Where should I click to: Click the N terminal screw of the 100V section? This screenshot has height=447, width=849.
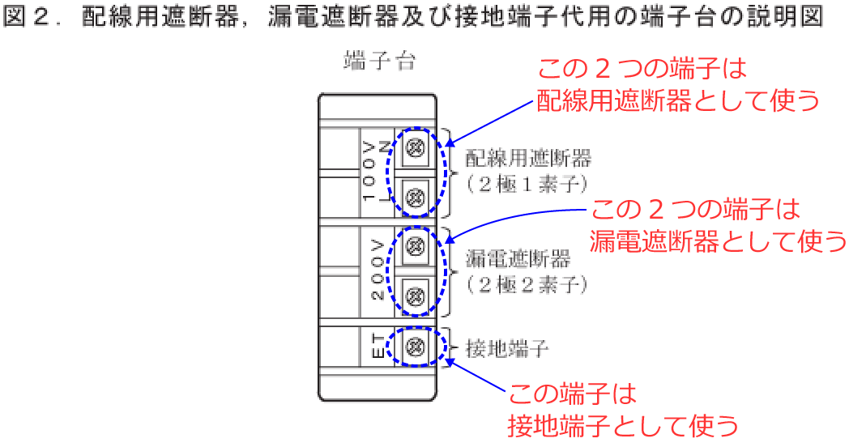coord(416,147)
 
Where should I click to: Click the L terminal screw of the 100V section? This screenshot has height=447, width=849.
coord(416,197)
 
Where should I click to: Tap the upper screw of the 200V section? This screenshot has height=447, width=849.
coord(416,247)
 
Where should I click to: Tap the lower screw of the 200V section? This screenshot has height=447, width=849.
coord(416,296)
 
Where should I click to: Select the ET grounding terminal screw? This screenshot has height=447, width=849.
coord(416,347)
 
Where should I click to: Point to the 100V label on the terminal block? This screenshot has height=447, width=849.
coord(369,172)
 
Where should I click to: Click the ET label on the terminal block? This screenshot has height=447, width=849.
coord(379,347)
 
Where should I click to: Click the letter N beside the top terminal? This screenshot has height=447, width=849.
coord(383,147)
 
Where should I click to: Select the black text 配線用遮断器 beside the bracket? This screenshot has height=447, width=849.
coord(528,158)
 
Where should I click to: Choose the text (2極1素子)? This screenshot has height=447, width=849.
coord(527,185)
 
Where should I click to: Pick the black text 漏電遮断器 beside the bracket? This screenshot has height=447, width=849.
coord(518,258)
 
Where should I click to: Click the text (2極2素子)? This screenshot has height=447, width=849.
coord(527,285)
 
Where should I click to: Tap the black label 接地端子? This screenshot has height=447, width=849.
coord(507,348)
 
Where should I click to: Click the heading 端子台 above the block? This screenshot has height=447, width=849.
coord(380,61)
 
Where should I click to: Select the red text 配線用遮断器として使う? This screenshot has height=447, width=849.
coord(678,100)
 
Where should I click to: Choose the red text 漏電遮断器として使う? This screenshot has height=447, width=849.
coord(719,241)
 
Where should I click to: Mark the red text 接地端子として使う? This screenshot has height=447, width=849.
coord(623,426)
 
